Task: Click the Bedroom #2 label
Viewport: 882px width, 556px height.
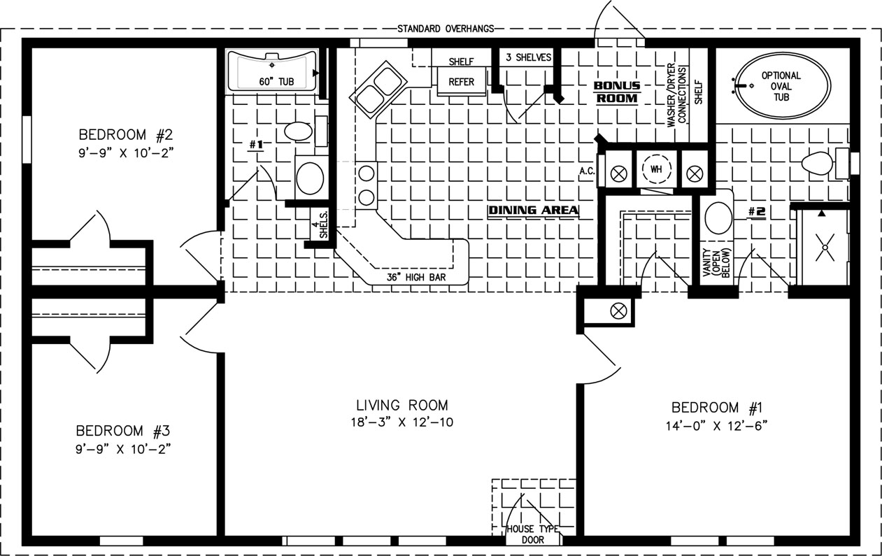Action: (x=126, y=135)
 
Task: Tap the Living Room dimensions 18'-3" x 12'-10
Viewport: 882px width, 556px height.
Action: (x=402, y=422)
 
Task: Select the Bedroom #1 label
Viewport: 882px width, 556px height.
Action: (x=717, y=408)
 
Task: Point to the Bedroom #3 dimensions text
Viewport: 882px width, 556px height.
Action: (x=123, y=449)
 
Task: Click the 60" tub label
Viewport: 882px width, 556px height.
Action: (x=276, y=82)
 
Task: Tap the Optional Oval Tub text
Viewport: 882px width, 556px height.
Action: (x=781, y=86)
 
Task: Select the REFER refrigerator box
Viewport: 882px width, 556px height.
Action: (x=461, y=81)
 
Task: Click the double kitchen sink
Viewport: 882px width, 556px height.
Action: (x=378, y=90)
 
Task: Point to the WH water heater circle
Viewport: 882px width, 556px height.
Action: (x=656, y=169)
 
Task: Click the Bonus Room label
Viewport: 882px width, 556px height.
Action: (x=617, y=92)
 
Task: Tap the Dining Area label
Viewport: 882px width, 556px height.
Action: (x=534, y=211)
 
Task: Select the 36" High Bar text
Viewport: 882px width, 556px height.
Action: (x=416, y=278)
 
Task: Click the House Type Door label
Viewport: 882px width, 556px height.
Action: (x=533, y=534)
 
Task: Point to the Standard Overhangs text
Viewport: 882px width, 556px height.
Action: (x=446, y=29)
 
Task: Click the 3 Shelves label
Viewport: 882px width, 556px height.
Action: (x=528, y=57)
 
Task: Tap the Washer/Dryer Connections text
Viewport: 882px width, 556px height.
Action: (x=677, y=95)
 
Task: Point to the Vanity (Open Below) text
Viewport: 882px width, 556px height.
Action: (x=717, y=262)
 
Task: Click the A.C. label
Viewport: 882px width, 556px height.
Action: (x=587, y=171)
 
